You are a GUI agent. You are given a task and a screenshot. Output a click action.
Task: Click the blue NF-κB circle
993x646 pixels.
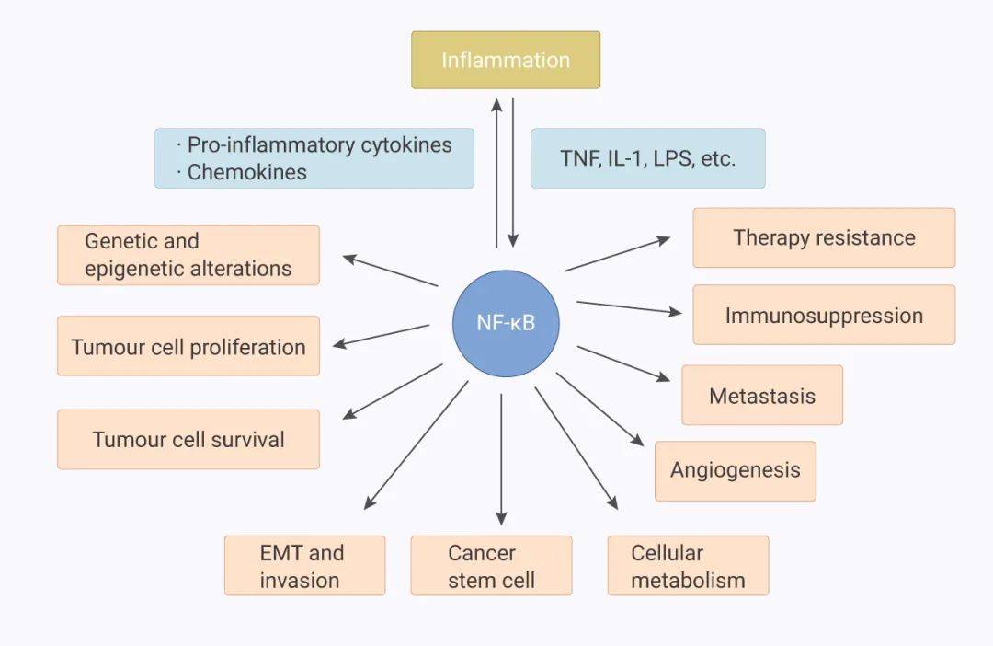pyautogui.click(x=506, y=322)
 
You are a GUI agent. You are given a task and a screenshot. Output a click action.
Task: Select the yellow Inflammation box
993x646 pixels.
pyautogui.click(x=506, y=60)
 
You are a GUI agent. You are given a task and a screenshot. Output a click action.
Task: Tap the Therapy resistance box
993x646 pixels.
pyautogui.click(x=824, y=237)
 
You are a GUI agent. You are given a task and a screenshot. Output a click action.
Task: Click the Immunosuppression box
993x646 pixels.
pyautogui.click(x=824, y=315)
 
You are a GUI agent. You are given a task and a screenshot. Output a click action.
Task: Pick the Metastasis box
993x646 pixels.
pyautogui.click(x=761, y=396)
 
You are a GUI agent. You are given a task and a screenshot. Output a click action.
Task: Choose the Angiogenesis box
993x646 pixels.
pyautogui.click(x=735, y=470)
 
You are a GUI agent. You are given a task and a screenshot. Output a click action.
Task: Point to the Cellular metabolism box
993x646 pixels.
pyautogui.click(x=688, y=566)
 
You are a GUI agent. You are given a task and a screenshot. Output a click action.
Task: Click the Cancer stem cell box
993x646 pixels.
pyautogui.click(x=491, y=566)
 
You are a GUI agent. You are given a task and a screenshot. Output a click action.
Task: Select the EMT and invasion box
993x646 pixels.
pyautogui.click(x=304, y=566)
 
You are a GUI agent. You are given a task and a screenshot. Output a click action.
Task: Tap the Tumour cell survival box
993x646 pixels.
pyautogui.click(x=188, y=439)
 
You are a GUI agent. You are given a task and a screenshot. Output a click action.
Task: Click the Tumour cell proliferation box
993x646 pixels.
pyautogui.click(x=188, y=347)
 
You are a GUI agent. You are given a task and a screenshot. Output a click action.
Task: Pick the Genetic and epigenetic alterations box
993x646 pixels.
pyautogui.click(x=188, y=255)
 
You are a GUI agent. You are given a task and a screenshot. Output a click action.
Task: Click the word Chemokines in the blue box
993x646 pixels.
pyautogui.click(x=246, y=172)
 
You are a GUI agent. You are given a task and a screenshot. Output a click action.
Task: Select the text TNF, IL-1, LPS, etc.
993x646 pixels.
pyautogui.click(x=647, y=158)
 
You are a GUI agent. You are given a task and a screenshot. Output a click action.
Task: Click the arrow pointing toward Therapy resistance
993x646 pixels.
pyautogui.click(x=618, y=254)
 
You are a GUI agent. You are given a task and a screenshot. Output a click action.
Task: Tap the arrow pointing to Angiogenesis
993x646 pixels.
pyautogui.click(x=599, y=409)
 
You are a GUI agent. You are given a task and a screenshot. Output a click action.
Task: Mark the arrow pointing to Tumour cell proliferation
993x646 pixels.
pyautogui.click(x=381, y=335)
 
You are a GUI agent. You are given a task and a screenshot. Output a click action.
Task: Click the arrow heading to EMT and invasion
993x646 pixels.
pyautogui.click(x=416, y=445)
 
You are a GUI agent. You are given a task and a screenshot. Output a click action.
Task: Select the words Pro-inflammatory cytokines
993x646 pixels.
pyautogui.click(x=319, y=144)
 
